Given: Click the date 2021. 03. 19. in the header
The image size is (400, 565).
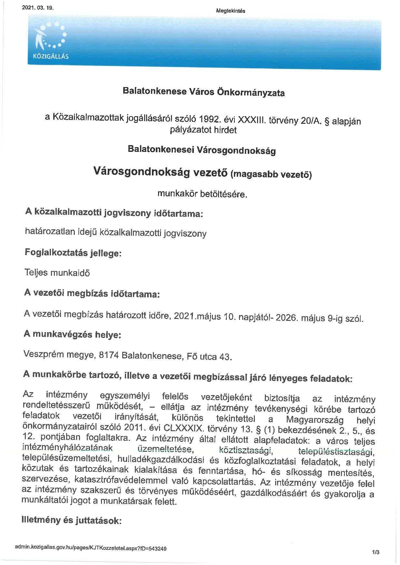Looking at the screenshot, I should point(37,8).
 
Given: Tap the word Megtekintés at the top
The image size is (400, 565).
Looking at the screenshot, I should point(231,11).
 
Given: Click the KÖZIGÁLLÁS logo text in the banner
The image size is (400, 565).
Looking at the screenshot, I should point(51,56).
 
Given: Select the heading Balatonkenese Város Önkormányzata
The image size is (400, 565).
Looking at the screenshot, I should point(204,92).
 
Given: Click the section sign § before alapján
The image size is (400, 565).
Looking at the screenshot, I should point(327,122).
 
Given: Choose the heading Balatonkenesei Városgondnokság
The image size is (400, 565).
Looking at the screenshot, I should point(202,150).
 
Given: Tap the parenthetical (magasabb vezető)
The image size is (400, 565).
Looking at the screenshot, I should point(271,174).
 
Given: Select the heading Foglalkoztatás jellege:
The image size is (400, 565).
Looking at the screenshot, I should point(73,253).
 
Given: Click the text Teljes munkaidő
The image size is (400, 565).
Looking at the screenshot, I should point(57,273).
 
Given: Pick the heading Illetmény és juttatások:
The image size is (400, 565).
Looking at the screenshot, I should point(71,520).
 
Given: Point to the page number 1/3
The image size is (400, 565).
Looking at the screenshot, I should point(375,552).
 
